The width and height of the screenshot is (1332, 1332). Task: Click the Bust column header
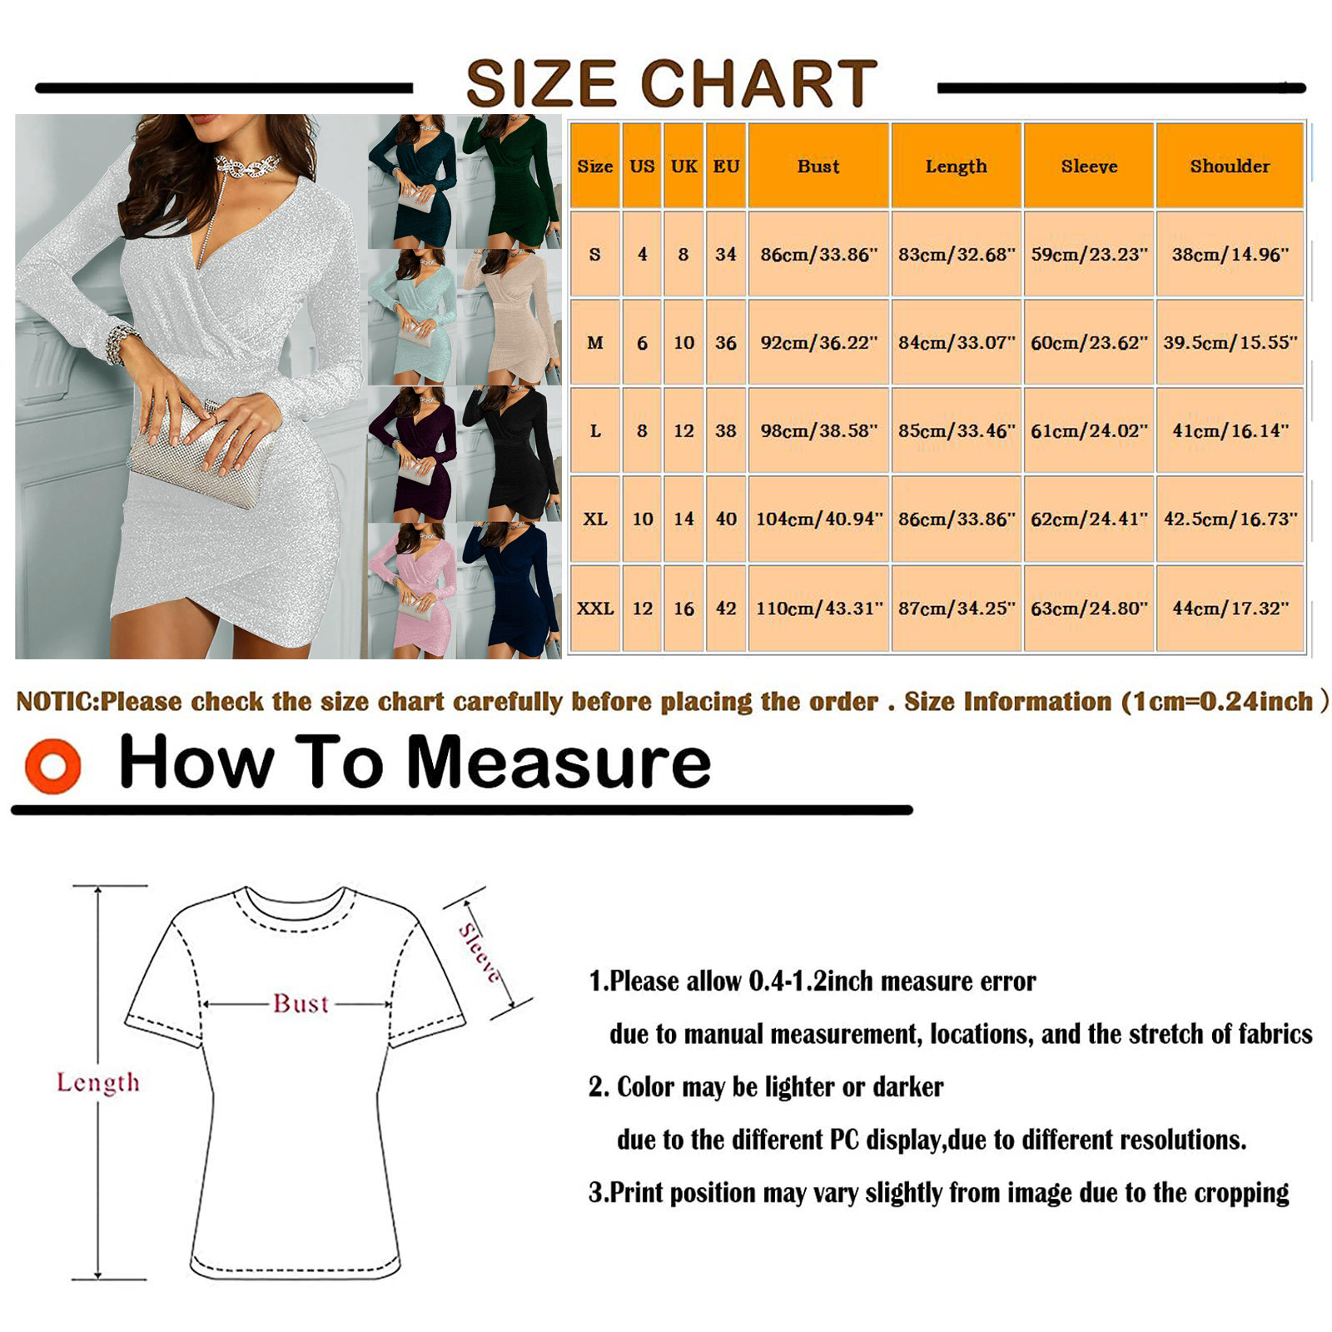pyautogui.click(x=818, y=166)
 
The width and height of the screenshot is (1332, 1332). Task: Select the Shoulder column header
pyautogui.click(x=1230, y=166)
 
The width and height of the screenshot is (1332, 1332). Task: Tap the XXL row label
pyautogui.click(x=595, y=609)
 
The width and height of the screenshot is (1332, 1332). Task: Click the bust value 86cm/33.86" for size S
pyautogui.click(x=819, y=254)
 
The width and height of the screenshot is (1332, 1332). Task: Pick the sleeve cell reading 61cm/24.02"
pyautogui.click(x=1089, y=430)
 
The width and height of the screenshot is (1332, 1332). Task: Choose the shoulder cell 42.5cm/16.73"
pyautogui.click(x=1230, y=519)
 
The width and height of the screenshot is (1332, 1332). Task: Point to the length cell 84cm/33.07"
pyautogui.click(x=957, y=342)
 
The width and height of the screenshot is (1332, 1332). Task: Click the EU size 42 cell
pyautogui.click(x=726, y=609)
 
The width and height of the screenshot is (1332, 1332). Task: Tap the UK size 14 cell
pyautogui.click(x=683, y=519)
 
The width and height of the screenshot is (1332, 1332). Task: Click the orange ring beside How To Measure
pyautogui.click(x=52, y=766)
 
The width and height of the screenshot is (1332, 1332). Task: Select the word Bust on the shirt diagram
pyautogui.click(x=301, y=1004)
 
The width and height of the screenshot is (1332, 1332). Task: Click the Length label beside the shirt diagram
pyautogui.click(x=98, y=1082)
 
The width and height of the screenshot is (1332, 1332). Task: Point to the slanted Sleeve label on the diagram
pyautogui.click(x=481, y=954)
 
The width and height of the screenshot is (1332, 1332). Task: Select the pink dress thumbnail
pyautogui.click(x=412, y=590)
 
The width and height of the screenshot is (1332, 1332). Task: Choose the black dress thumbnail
pyautogui.click(x=509, y=454)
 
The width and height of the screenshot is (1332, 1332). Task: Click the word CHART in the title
pyautogui.click(x=758, y=83)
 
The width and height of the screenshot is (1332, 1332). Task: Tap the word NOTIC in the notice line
pyautogui.click(x=57, y=702)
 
